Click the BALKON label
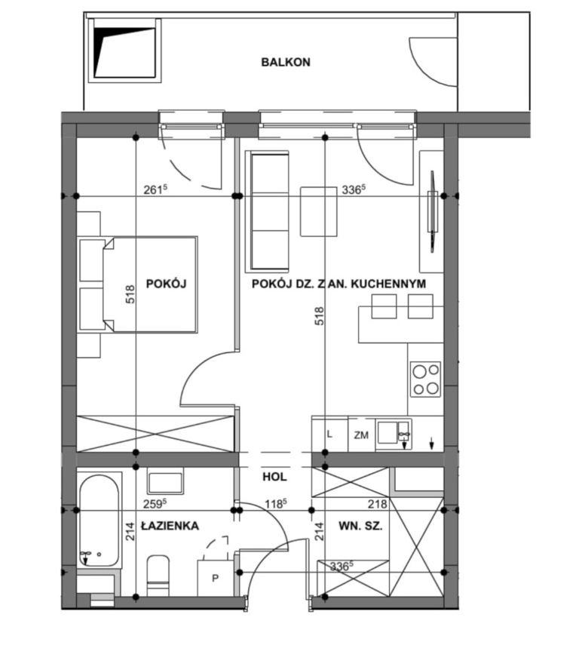pos(286,62)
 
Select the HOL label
pos(274,477)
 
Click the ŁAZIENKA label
pos(170,526)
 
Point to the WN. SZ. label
pos(360,526)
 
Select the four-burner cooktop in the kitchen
pos(425,379)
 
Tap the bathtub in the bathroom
pos(99,521)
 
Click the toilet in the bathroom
pos(158,576)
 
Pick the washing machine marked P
pos(216,578)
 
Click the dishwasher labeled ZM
pos(361,435)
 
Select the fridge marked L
pos(329,435)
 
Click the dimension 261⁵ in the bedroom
pos(155,189)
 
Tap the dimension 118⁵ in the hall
pos(276,504)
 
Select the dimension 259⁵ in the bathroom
pos(155,504)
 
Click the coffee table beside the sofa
pos(318,211)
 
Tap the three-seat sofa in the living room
pos(267,211)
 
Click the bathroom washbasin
pos(165,482)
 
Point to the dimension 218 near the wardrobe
pos(378,504)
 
